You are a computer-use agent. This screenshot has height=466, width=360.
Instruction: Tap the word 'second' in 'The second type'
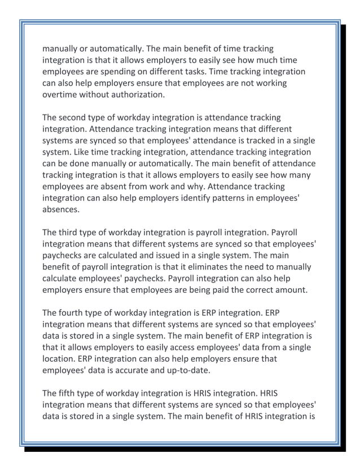(77, 117)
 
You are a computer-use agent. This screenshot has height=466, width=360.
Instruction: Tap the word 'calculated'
(121, 255)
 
